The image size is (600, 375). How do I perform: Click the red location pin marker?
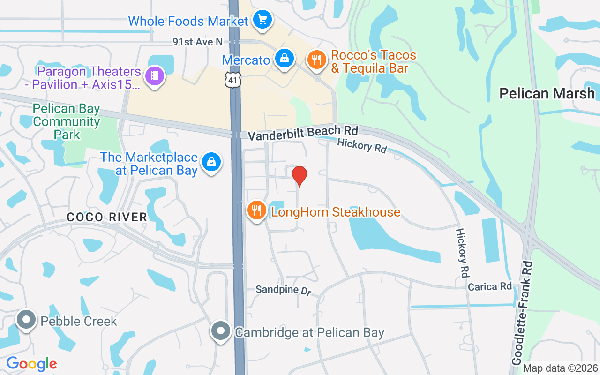[300, 176]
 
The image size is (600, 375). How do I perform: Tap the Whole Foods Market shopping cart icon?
[262, 20]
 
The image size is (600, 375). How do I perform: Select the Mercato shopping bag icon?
[284, 59]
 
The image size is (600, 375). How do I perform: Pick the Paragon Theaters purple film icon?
[155, 76]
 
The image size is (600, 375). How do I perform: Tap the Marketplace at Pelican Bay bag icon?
[211, 162]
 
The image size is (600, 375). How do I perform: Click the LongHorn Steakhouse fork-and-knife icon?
[256, 210]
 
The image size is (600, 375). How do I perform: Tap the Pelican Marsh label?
[547, 93]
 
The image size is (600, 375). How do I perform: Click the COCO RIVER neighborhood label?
[107, 217]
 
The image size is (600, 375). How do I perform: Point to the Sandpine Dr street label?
[284, 290]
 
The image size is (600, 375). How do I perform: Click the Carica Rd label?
[490, 286]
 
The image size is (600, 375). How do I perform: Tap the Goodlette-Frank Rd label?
[523, 313]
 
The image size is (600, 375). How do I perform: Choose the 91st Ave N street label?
[197, 42]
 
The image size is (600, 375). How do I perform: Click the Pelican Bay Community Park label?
[67, 122]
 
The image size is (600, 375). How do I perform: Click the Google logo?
[31, 364]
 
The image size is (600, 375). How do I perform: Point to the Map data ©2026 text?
[560, 368]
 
